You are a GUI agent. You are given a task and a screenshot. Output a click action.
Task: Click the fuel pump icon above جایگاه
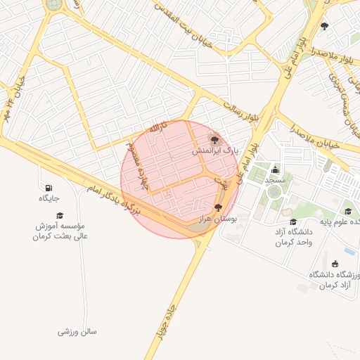48,188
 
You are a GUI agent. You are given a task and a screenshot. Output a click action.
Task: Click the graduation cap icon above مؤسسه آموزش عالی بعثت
60,214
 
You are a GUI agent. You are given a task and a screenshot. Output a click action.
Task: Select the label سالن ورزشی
77,330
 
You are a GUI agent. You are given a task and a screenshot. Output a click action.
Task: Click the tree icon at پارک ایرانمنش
214,139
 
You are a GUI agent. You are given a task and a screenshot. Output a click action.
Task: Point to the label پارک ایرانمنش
217,151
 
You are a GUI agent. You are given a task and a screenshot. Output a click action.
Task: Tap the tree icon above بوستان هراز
218,207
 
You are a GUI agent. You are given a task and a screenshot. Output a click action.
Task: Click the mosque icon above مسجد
274,169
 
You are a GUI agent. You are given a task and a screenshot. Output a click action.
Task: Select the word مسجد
275,181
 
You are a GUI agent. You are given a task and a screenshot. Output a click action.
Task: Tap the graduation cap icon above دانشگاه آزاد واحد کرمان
293,221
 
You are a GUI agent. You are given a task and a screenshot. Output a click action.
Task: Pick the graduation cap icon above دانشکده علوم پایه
347,211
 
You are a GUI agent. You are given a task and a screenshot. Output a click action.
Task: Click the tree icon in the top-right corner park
324,27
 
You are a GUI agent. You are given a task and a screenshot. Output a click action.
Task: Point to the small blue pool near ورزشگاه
349,251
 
